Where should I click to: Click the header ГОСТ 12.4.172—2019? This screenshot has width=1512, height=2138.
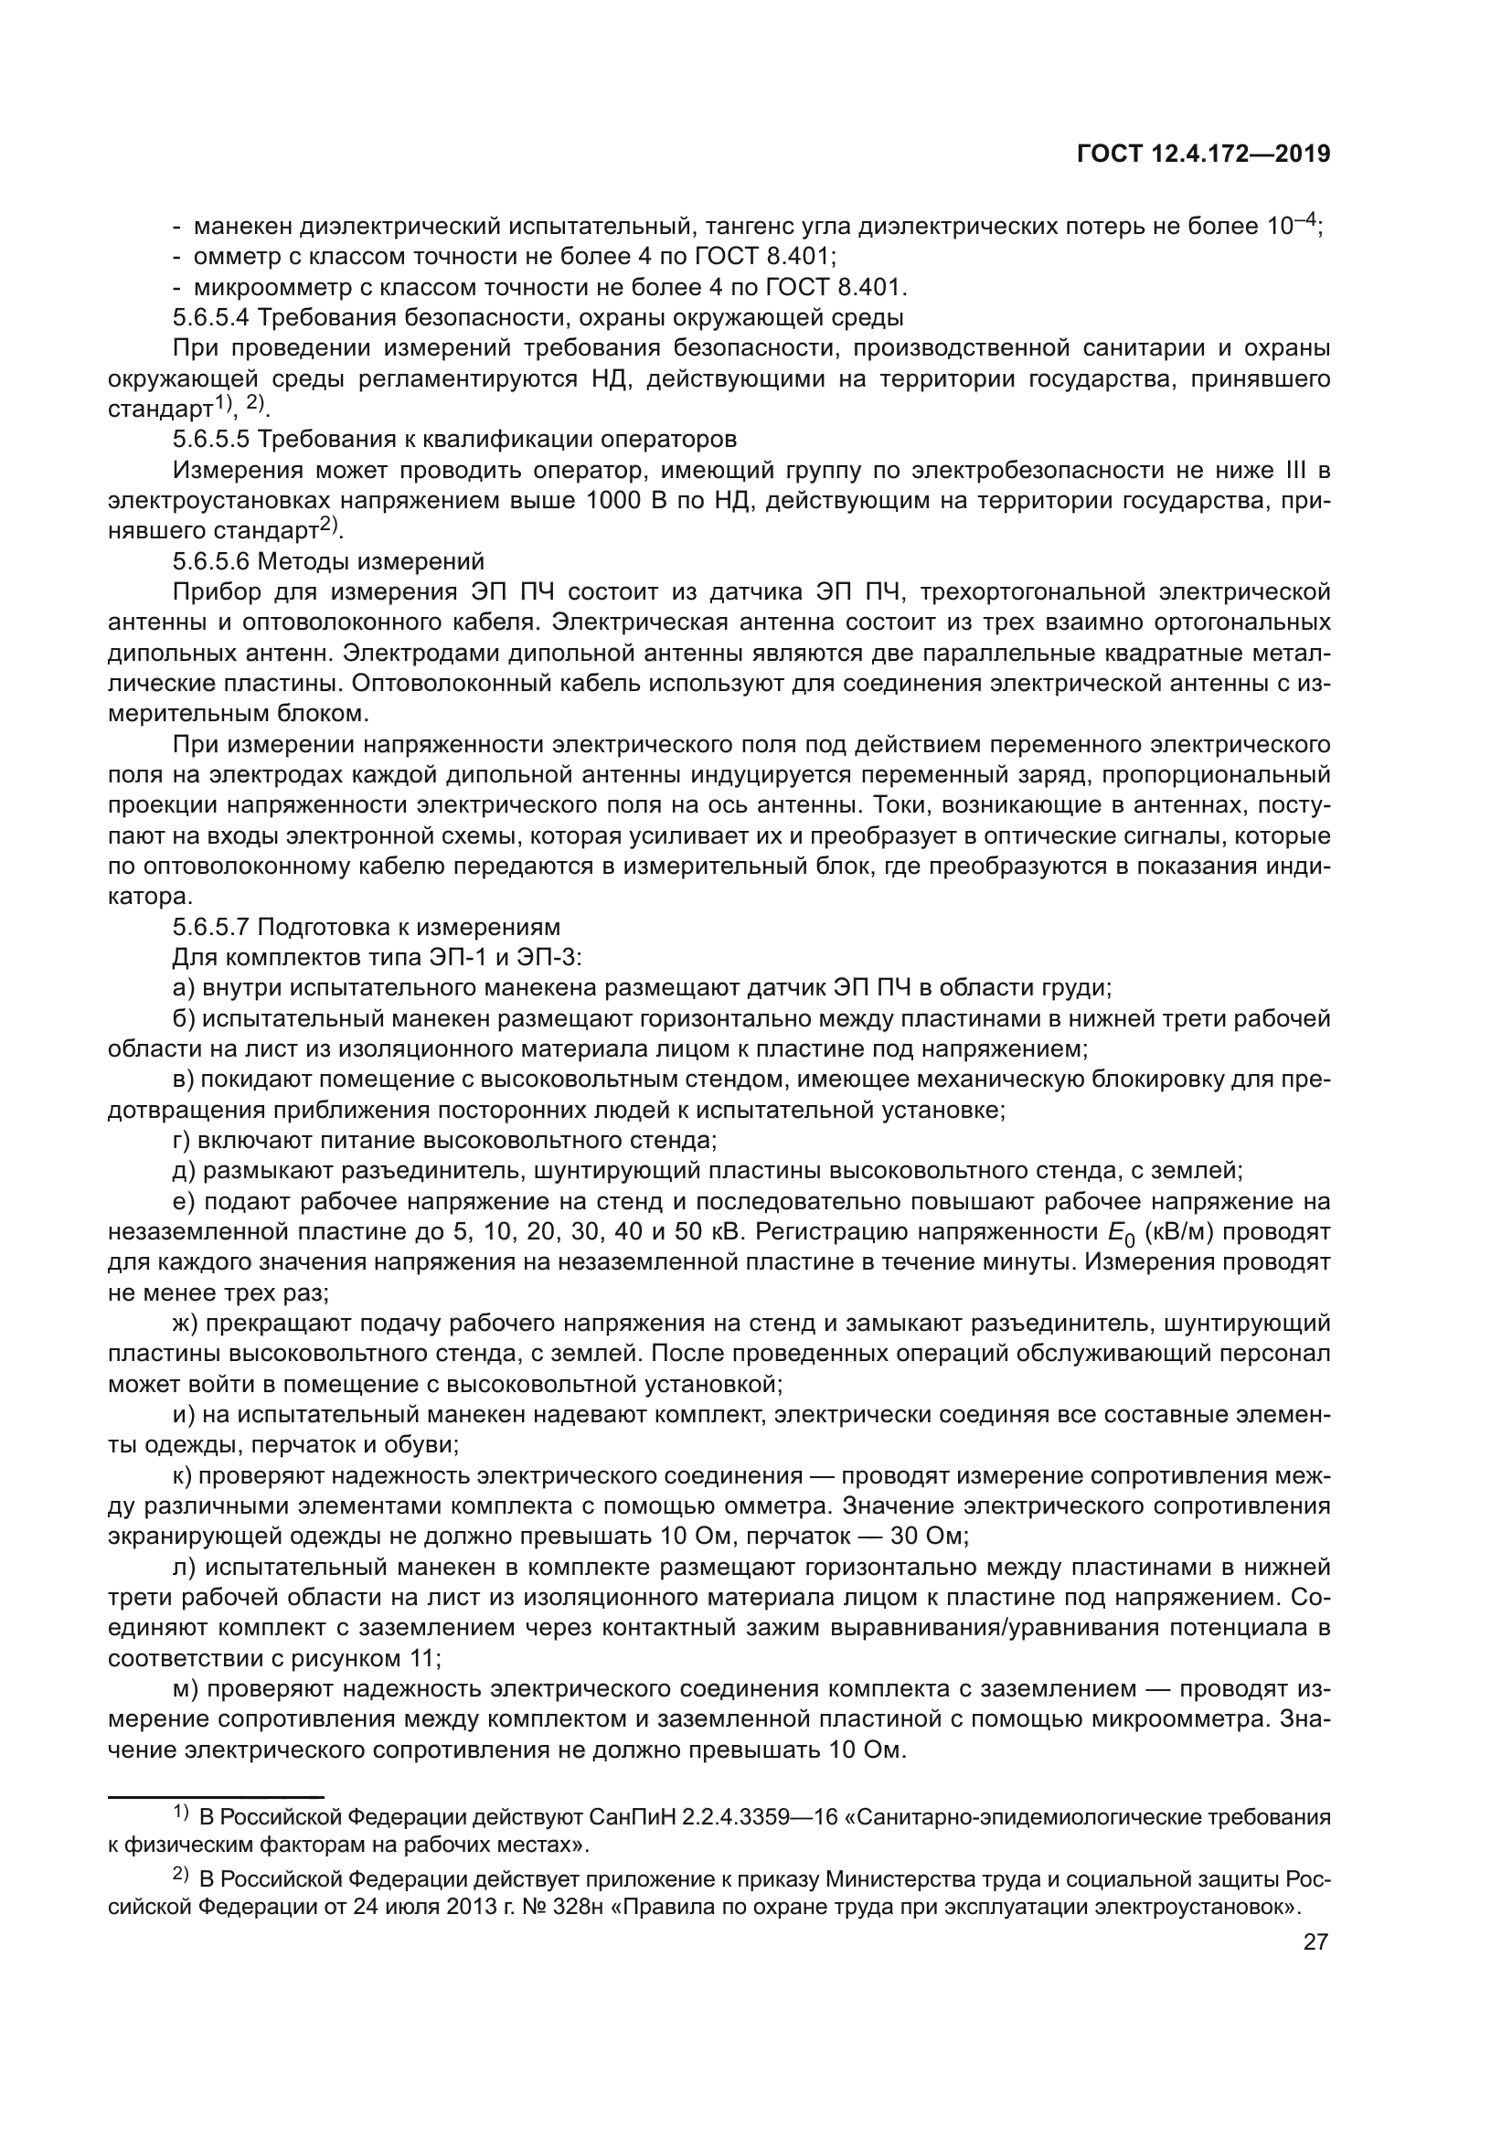click(1203, 154)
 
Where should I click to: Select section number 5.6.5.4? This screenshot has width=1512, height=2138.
click(210, 317)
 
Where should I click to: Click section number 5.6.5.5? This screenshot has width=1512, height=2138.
click(210, 439)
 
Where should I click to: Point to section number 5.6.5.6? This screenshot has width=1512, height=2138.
click(210, 560)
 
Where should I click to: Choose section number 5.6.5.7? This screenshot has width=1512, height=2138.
click(210, 927)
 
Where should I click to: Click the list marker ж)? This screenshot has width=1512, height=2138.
click(186, 1324)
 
